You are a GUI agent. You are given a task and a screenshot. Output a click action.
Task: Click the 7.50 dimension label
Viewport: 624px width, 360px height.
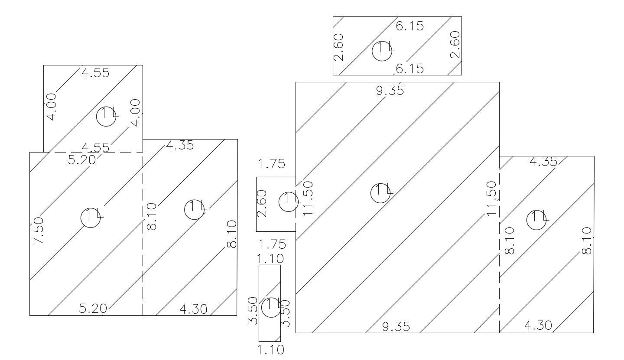click(39, 231)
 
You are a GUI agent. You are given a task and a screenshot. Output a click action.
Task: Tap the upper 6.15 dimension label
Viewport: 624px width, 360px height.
click(410, 26)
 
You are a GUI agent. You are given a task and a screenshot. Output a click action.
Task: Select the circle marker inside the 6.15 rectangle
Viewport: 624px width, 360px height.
click(382, 51)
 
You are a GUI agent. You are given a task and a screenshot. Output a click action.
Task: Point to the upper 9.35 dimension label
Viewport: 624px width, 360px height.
click(390, 91)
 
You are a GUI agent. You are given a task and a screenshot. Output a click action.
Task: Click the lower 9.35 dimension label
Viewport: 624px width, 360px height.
click(396, 327)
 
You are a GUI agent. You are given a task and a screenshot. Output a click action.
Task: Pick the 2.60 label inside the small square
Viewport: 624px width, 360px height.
click(262, 204)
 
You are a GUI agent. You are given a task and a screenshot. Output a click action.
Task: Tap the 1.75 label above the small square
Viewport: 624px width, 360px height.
click(271, 164)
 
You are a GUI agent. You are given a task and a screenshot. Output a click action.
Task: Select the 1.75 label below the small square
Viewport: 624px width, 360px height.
click(272, 244)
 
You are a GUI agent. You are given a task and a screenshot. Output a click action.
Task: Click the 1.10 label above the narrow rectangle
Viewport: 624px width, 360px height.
click(270, 259)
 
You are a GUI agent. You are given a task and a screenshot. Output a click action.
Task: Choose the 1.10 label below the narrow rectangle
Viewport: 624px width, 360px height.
click(270, 350)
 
